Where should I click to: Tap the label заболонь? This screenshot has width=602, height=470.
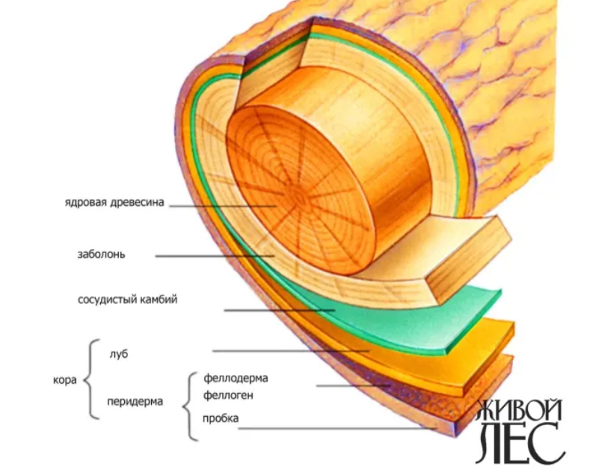pyautogui.click(x=101, y=254)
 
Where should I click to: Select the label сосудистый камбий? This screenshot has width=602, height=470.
pyautogui.click(x=127, y=300)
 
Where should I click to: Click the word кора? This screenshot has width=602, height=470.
pyautogui.click(x=65, y=379)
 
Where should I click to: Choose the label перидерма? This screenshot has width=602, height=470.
pyautogui.click(x=135, y=401)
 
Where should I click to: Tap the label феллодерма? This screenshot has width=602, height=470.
pyautogui.click(x=235, y=378)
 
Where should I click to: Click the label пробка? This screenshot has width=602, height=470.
pyautogui.click(x=221, y=418)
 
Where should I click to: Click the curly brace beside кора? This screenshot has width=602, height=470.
pyautogui.click(x=90, y=379)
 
